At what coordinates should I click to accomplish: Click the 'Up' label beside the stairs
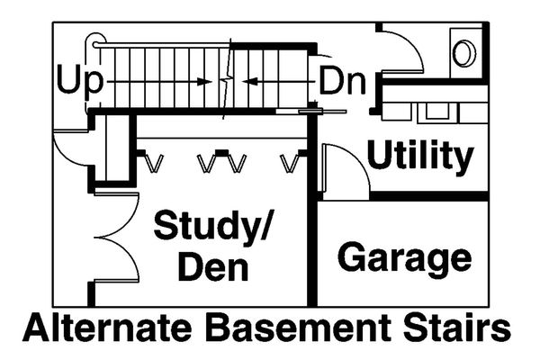(x=80, y=80)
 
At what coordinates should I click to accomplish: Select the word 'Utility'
(x=419, y=157)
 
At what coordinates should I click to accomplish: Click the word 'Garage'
(x=404, y=258)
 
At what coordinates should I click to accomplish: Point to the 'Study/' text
(x=212, y=226)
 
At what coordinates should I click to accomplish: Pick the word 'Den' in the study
(x=212, y=267)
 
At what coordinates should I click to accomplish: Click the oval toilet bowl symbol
(x=463, y=53)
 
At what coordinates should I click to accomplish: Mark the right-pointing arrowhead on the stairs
(x=203, y=81)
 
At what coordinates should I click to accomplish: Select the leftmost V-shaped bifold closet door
(x=155, y=163)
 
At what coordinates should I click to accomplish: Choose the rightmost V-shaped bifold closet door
(x=290, y=163)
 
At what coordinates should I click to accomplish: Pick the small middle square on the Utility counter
(x=437, y=112)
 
